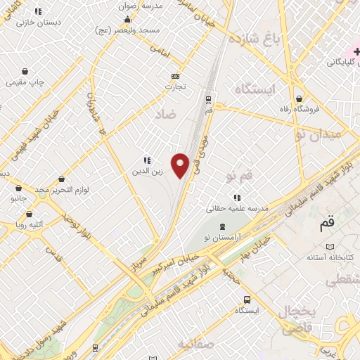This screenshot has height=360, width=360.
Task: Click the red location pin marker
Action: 181,165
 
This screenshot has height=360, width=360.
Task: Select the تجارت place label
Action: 174,87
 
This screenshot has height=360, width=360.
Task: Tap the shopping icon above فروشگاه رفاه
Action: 300,98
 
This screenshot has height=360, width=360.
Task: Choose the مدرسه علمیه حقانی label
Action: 237,208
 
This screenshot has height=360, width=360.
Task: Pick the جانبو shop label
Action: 18,199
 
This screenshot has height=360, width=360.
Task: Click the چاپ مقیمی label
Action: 26,82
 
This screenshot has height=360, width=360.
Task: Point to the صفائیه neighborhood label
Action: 195,345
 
